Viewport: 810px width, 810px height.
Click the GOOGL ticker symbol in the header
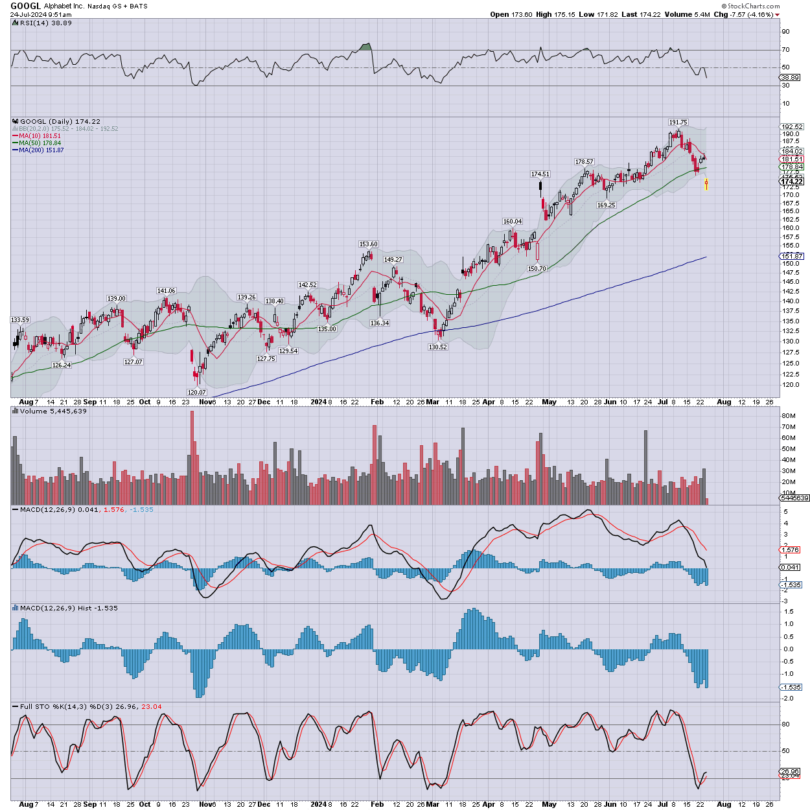pyautogui.click(x=26, y=6)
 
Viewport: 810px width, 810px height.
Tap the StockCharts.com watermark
pyautogui.click(x=752, y=6)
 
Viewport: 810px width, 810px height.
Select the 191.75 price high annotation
pyautogui.click(x=678, y=122)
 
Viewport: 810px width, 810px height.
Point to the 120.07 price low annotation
pyautogui.click(x=196, y=392)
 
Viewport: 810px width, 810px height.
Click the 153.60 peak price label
pyautogui.click(x=368, y=244)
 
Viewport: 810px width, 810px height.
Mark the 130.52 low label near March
pyautogui.click(x=437, y=347)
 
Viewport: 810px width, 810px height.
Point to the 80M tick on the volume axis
pyautogui.click(x=789, y=416)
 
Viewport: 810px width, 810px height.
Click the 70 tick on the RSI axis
pyautogui.click(x=785, y=50)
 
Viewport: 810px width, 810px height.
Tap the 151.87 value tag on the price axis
pyautogui.click(x=792, y=257)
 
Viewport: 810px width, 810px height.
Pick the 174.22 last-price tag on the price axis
pyautogui.click(x=792, y=181)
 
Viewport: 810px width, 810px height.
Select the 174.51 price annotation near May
pyautogui.click(x=540, y=174)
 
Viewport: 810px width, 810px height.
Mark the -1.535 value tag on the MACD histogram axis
pyautogui.click(x=791, y=687)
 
